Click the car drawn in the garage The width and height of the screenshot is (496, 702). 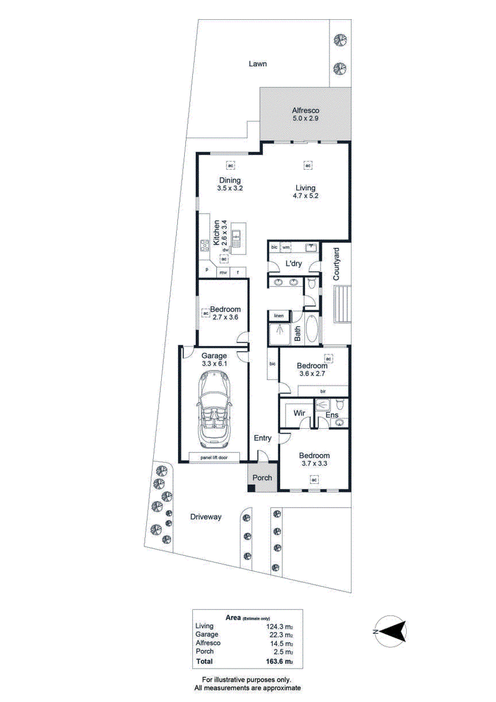click(214, 410)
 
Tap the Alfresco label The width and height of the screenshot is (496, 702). click(306, 110)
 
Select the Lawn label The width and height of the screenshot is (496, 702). click(258, 64)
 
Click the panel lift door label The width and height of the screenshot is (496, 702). click(214, 457)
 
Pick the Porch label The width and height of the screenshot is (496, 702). click(262, 478)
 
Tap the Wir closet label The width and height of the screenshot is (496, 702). click(299, 413)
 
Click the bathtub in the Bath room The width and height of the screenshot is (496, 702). click(312, 328)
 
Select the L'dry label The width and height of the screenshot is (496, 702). click(293, 264)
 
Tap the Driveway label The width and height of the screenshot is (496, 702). click(206, 517)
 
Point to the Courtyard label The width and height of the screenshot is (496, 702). click(336, 264)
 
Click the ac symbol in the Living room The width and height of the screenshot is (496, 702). click(308, 165)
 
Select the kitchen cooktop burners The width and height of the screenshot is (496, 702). click(205, 245)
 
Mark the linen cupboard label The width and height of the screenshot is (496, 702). click(279, 315)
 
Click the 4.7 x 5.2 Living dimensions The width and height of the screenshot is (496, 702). click(306, 196)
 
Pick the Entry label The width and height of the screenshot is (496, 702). click(262, 438)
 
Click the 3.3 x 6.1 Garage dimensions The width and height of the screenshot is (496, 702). click(214, 364)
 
